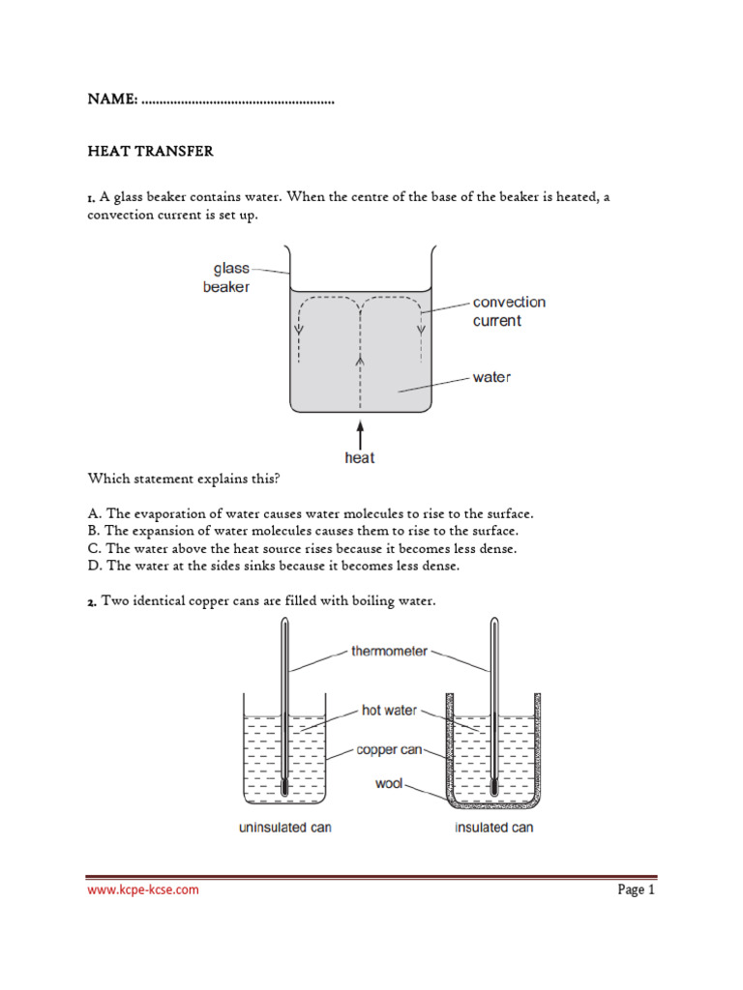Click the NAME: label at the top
coord(112,100)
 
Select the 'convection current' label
coord(509,311)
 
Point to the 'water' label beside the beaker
coord(491,377)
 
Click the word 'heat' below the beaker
coord(360,458)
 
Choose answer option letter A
coord(93,513)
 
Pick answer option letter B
coord(93,531)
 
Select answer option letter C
coord(93,548)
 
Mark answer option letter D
coord(93,566)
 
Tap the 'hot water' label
coord(389,711)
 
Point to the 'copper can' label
coord(389,749)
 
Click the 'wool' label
coord(389,783)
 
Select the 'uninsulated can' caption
coord(285,828)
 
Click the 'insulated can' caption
coord(493,828)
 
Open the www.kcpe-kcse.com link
coord(143,889)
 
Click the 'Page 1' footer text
coord(637,889)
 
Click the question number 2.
coord(92,602)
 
